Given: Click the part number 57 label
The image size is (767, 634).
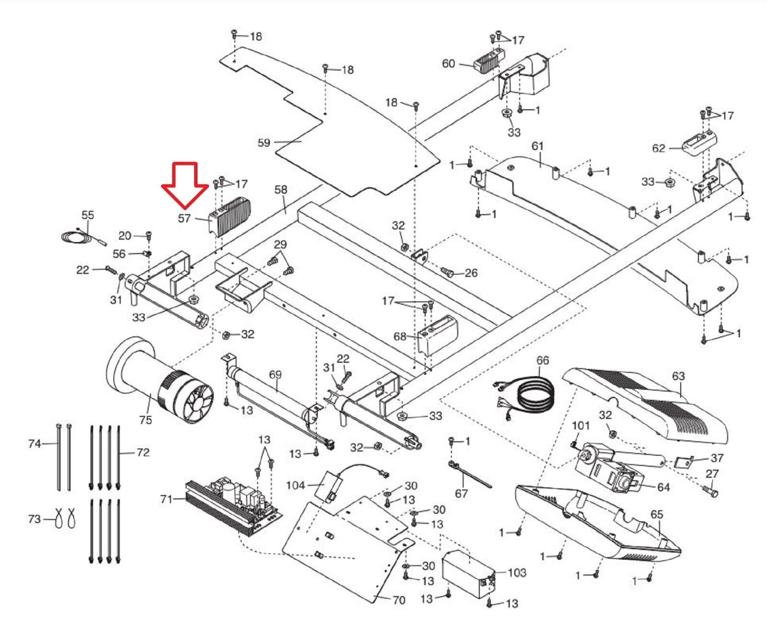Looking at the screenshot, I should (x=185, y=219).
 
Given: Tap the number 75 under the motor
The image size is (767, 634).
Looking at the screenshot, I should (x=145, y=420).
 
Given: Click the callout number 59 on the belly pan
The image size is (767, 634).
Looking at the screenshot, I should (x=264, y=142).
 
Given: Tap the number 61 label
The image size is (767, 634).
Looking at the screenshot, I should (x=537, y=146).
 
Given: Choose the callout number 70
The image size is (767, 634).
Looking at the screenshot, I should (x=399, y=599).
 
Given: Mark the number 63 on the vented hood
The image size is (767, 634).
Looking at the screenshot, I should (x=678, y=376).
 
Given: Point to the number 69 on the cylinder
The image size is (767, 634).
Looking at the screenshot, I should (x=275, y=374).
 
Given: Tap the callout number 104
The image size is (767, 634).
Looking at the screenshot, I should (x=295, y=485).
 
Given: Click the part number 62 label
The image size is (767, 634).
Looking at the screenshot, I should (x=659, y=148).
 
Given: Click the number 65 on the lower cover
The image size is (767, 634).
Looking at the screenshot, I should (x=657, y=514).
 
